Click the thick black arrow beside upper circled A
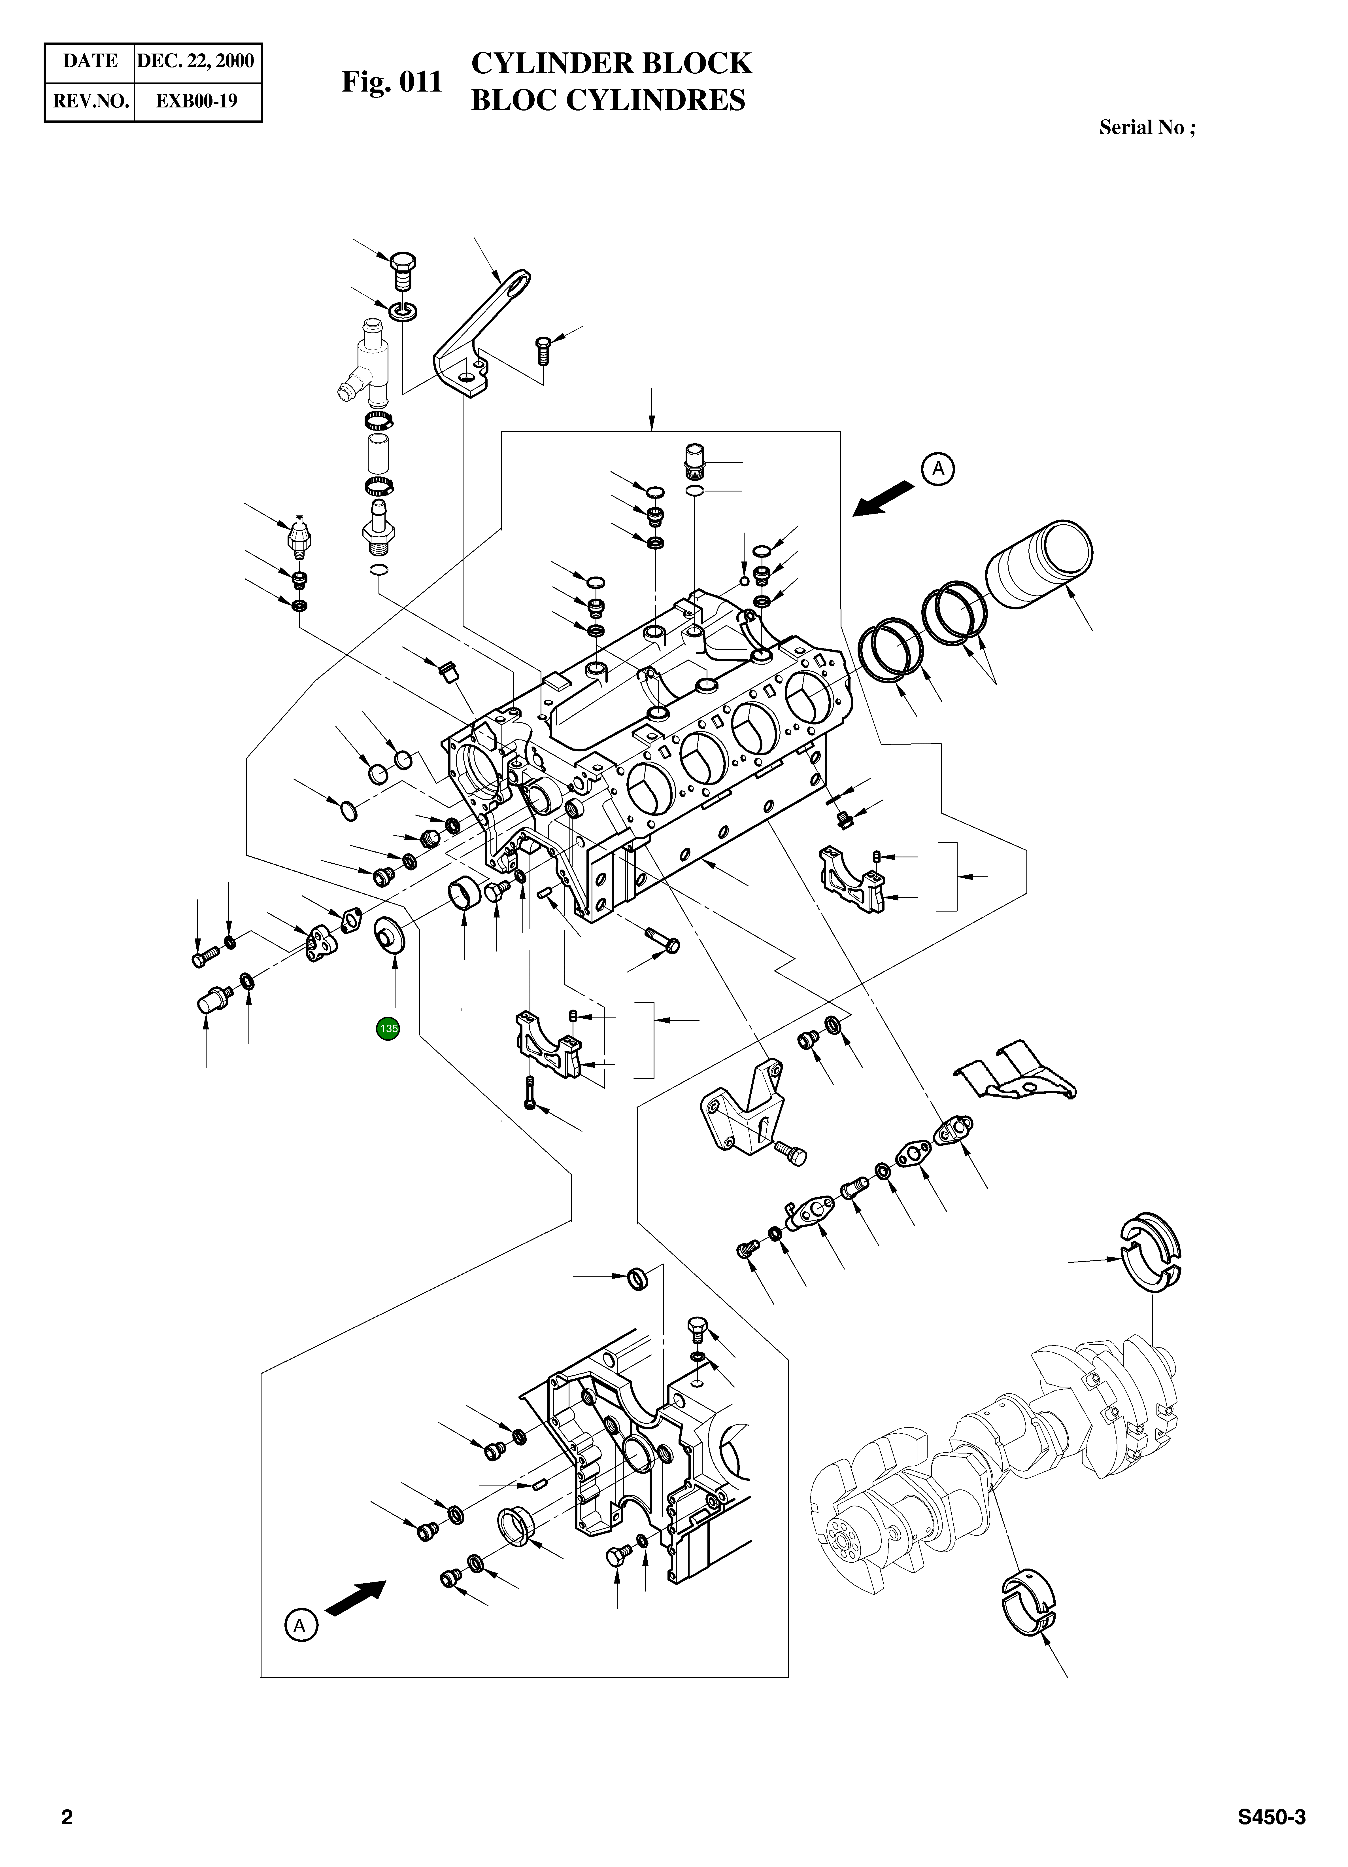coord(884,499)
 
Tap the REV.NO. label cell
coord(90,101)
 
